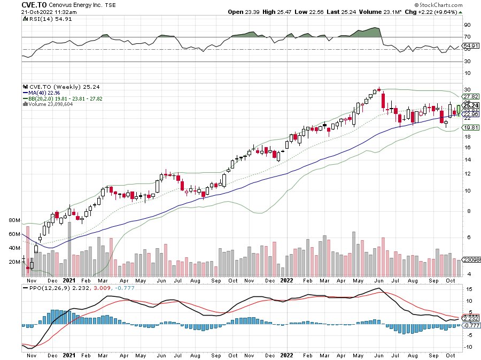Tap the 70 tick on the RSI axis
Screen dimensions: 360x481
[x=467, y=37]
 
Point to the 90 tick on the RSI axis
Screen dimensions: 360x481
[x=467, y=25]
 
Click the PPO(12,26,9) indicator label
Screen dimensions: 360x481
[x=45, y=288]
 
